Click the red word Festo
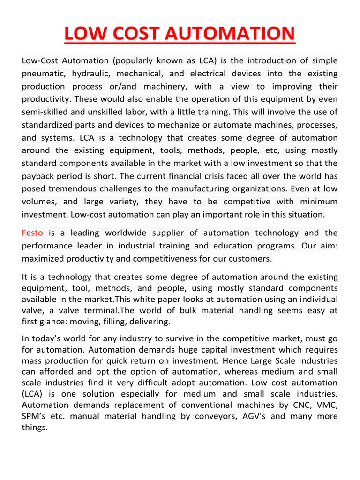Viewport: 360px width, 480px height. pyautogui.click(x=32, y=233)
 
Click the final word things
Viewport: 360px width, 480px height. pyautogui.click(x=35, y=427)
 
